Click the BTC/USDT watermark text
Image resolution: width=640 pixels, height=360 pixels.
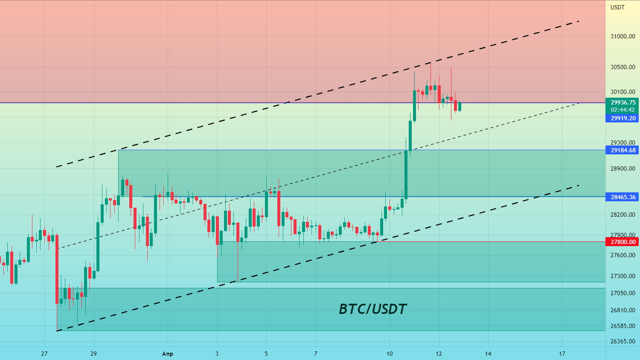coord(372,309)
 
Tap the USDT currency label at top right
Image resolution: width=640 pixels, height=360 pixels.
coord(617,7)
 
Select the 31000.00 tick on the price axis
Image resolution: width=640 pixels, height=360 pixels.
coord(623,36)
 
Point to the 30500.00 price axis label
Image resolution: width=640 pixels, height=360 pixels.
coord(623,67)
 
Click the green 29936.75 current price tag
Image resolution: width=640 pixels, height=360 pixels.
coord(623,102)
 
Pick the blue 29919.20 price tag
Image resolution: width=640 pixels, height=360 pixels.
coord(623,118)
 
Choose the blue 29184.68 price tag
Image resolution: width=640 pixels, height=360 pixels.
coord(623,150)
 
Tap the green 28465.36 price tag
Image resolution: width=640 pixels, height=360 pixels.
coord(623,197)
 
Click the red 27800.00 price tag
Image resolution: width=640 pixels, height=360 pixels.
coord(623,242)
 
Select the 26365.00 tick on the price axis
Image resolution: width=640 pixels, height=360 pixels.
coord(623,341)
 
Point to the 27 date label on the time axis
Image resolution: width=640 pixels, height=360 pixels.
coord(44,354)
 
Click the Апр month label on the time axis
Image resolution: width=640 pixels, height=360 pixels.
coord(168,354)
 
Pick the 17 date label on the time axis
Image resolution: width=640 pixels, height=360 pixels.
coord(562,354)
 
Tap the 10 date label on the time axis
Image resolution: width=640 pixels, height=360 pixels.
coord(390,354)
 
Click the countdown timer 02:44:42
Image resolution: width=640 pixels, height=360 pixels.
coord(623,110)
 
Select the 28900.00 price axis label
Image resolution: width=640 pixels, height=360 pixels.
coord(623,168)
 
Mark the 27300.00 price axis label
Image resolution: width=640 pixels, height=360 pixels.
coord(623,276)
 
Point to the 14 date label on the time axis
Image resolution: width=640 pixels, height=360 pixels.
coord(488,354)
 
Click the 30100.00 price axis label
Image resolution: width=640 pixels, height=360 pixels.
coord(623,92)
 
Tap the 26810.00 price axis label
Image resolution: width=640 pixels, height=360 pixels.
coord(623,310)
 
